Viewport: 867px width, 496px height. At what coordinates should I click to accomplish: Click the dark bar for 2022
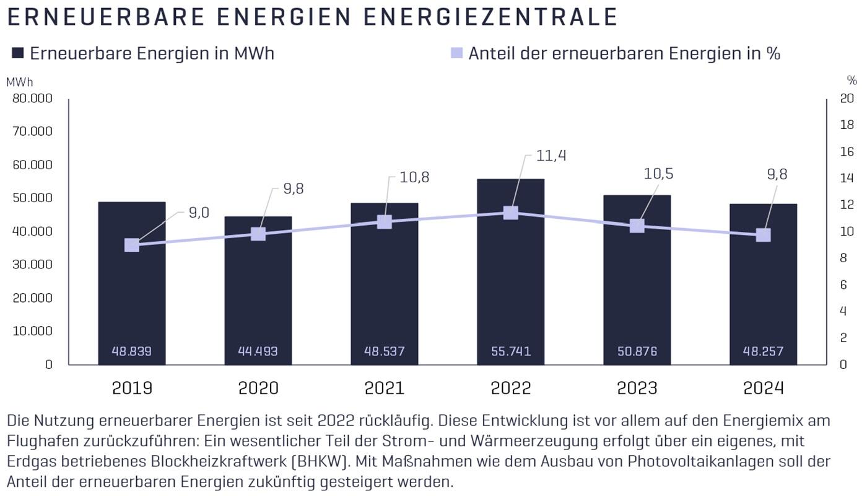(x=510, y=279)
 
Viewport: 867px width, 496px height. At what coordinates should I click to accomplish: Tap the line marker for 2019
(x=132, y=245)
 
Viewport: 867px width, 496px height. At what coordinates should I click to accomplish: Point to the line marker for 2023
(x=637, y=226)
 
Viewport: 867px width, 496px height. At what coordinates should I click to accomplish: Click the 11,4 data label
(x=551, y=155)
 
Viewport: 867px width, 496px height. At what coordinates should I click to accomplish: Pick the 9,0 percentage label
(x=199, y=213)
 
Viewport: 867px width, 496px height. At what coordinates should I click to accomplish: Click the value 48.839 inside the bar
(x=131, y=352)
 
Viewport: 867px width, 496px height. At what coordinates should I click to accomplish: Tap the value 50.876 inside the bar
(x=637, y=352)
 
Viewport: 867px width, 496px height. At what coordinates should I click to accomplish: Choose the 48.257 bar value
(x=763, y=352)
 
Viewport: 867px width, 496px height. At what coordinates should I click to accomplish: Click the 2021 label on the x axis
(x=384, y=388)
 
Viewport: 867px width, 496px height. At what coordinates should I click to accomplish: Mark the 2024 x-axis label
(x=763, y=388)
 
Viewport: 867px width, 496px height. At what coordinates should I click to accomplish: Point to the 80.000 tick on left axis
(x=32, y=99)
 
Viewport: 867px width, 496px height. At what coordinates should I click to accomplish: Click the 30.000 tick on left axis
(x=32, y=265)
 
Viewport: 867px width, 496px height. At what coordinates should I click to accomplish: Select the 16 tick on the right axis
(x=846, y=152)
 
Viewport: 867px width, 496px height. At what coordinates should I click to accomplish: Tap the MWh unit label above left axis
(x=20, y=81)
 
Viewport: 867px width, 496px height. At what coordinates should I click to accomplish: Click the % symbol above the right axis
(x=852, y=81)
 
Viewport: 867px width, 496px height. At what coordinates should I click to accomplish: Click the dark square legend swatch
(x=17, y=53)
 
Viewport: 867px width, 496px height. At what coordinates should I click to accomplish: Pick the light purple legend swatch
(x=456, y=53)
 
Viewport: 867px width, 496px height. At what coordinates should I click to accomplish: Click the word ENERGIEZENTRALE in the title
(x=489, y=17)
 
